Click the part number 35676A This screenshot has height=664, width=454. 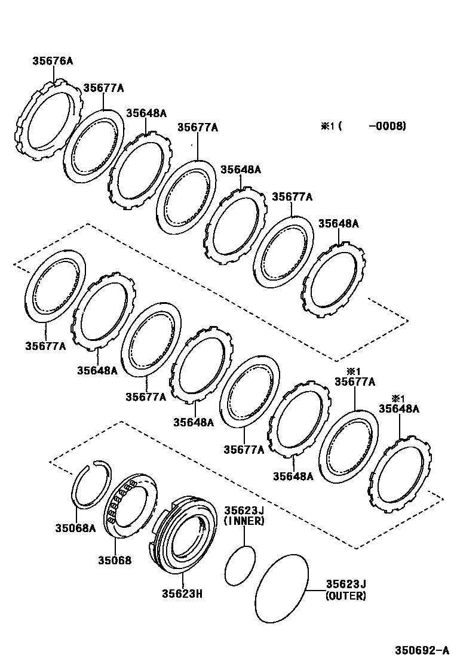[x=52, y=61]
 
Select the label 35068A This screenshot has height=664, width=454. [x=75, y=528]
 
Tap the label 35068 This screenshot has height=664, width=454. [x=115, y=560]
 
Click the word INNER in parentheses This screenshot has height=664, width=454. [x=244, y=521]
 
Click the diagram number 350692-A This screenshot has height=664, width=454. [x=421, y=650]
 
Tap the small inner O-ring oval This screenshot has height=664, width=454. [x=240, y=565]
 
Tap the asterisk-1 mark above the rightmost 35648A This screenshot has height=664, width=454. [x=398, y=399]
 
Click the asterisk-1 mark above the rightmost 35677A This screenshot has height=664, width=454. [x=355, y=371]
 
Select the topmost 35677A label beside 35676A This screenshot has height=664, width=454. [x=103, y=88]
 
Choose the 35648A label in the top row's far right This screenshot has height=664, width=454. [x=338, y=223]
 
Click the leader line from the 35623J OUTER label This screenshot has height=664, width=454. [x=315, y=590]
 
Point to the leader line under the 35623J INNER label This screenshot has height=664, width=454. [x=244, y=536]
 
